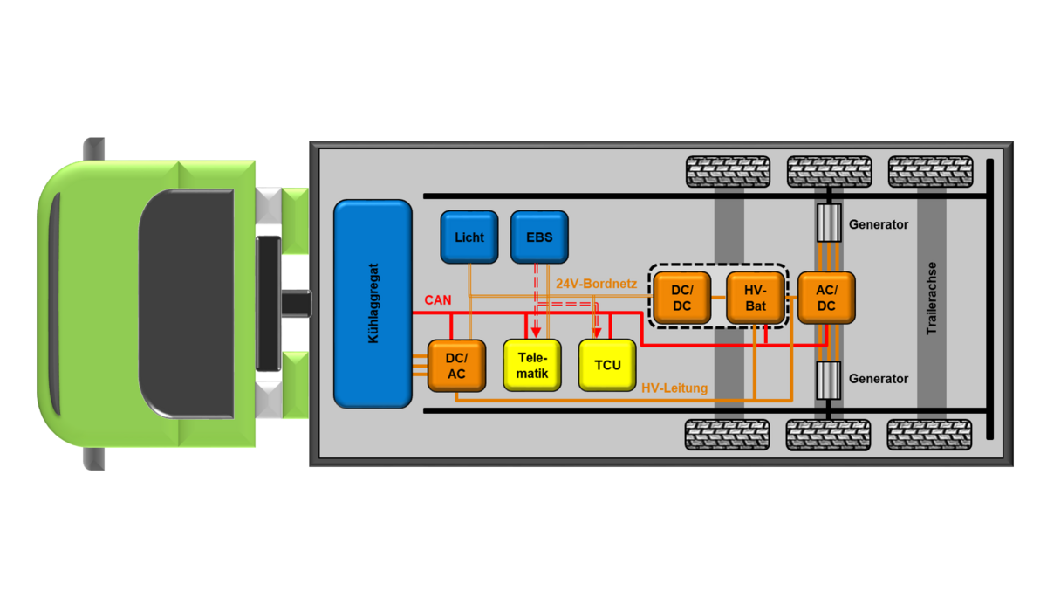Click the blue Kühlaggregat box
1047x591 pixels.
373,304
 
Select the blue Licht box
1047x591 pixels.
469,237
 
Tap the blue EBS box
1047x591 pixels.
538,237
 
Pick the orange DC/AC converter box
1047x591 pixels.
455,366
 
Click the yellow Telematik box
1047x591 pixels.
532,365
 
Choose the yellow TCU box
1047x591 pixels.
608,365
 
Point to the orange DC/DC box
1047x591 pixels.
681,298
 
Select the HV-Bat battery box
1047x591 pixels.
756,298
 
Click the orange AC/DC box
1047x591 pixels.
826,298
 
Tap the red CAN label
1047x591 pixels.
438,300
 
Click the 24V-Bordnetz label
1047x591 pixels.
597,284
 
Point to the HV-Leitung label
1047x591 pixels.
674,388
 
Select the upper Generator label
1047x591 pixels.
879,224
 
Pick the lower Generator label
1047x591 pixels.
879,379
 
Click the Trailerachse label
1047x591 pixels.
932,299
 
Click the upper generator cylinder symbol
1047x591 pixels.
827,224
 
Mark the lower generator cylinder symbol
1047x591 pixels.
827,380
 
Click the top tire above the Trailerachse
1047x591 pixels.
930,171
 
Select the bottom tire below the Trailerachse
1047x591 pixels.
930,434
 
